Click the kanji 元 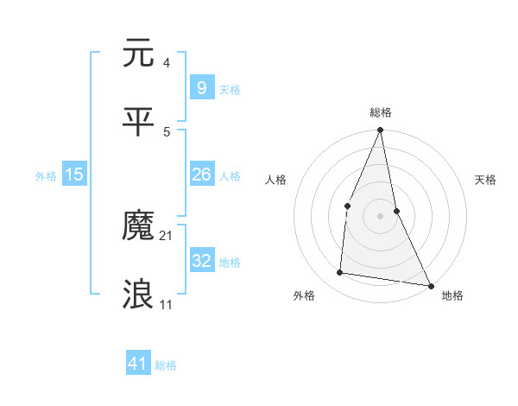point(139,54)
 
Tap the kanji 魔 point(139,226)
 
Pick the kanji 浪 point(139,295)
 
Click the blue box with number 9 point(201,87)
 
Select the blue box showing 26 point(201,174)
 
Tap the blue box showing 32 point(201,261)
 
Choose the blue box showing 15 point(74,174)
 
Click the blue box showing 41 point(138,364)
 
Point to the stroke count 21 point(167,235)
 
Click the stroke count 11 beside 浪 point(167,304)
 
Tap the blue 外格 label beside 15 point(46,175)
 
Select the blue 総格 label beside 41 point(166,365)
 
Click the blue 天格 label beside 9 point(230,89)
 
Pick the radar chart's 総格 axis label point(381,112)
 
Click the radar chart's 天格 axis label point(485,180)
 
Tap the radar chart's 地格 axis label point(452,295)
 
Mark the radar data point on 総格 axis point(381,130)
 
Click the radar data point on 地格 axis point(430,284)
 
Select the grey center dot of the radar point(381,215)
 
